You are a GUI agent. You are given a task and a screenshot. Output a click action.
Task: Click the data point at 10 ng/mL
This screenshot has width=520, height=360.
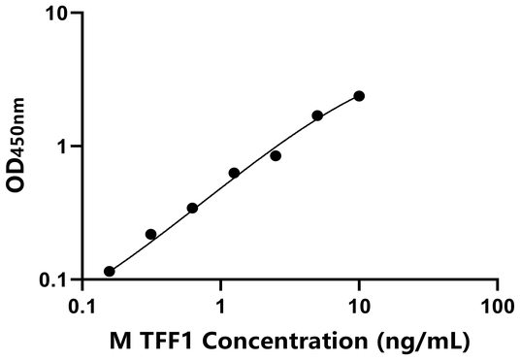(x=359, y=96)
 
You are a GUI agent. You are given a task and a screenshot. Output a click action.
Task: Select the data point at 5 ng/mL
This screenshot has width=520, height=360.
(x=317, y=115)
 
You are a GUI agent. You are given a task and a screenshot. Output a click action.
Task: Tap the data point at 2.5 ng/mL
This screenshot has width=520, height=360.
(x=276, y=155)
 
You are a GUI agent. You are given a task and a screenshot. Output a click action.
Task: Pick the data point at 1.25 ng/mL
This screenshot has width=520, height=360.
(x=234, y=173)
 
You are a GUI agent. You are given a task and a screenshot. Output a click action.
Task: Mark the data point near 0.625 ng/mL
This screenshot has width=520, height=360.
(x=192, y=208)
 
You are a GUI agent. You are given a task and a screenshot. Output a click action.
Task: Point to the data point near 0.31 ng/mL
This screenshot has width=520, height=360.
(x=150, y=234)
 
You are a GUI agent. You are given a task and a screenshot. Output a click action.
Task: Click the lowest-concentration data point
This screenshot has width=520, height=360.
(x=110, y=272)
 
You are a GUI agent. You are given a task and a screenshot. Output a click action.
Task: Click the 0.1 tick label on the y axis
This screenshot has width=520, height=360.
(x=58, y=280)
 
